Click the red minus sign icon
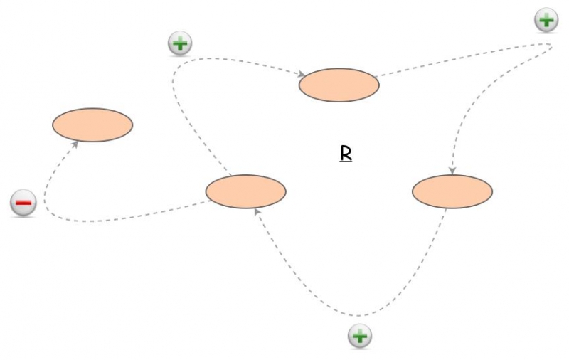click(23, 203)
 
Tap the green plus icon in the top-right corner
click(546, 20)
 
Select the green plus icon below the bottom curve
click(360, 336)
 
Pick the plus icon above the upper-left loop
click(180, 43)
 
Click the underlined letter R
click(346, 153)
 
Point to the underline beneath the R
click(346, 162)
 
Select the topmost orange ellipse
click(339, 85)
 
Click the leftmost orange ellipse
click(92, 125)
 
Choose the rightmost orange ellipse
click(452, 191)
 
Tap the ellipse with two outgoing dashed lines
click(245, 191)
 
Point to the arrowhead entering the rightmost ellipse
click(452, 171)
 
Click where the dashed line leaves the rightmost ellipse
click(445, 208)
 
